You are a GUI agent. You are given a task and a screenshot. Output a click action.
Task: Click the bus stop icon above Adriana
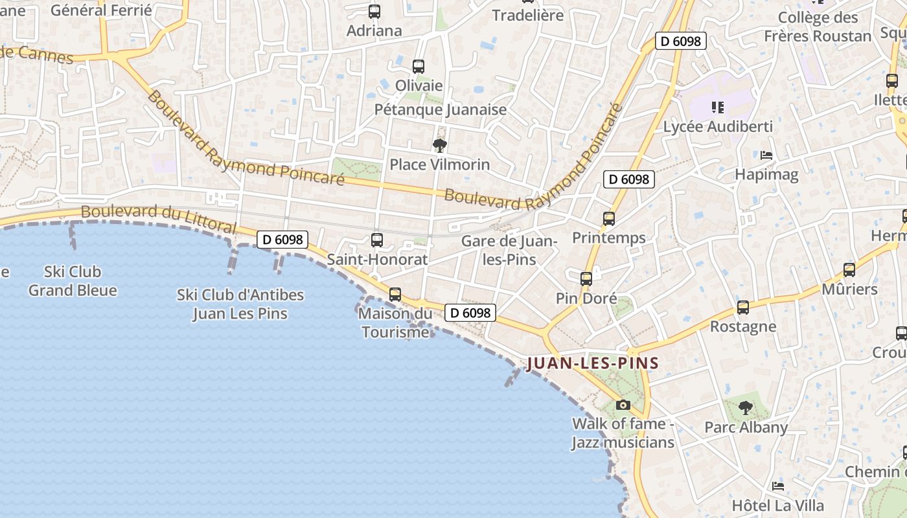pos(374,12)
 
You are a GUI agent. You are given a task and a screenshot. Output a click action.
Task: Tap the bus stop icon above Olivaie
pos(419,66)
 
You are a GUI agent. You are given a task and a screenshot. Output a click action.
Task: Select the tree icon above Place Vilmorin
pos(440,145)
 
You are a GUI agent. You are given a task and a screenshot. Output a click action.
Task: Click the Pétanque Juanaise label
pos(441,109)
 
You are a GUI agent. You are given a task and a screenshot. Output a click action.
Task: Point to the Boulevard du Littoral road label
pos(158,218)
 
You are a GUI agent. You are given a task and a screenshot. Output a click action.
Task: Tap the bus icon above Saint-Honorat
pos(377,240)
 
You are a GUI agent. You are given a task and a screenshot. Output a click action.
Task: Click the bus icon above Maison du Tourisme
pos(395,295)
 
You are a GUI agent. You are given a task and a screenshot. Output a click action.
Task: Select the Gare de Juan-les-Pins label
pos(509,250)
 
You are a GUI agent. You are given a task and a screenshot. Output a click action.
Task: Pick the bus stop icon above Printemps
pos(609,219)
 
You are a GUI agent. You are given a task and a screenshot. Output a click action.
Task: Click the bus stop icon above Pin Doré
pos(586,279)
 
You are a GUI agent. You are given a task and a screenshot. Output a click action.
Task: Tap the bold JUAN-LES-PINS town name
pos(592,363)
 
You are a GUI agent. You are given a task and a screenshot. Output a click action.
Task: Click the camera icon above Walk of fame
pos(623,405)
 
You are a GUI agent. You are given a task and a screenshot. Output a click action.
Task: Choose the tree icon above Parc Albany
pos(746,408)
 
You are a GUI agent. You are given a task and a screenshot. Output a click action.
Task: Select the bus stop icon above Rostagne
pos(743,308)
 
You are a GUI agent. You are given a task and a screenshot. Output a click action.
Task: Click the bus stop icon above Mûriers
pos(849,270)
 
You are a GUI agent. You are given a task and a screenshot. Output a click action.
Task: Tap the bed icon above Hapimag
pos(766,155)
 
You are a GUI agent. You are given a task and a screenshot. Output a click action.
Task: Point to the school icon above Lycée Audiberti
pos(717,107)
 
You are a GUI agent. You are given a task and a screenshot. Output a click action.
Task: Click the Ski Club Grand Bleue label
pos(73,280)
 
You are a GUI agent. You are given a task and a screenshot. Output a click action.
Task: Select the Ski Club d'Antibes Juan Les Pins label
pos(240,304)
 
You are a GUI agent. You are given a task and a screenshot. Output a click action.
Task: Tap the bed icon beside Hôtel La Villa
pos(778,486)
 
